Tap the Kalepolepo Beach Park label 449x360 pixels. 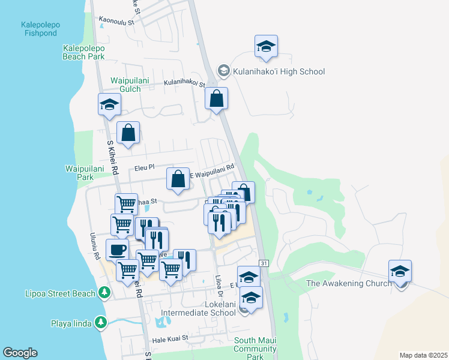coord(83,52)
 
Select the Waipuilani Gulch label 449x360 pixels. coord(125,85)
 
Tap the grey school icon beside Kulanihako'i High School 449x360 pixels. coord(224,71)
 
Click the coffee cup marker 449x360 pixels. coord(117,249)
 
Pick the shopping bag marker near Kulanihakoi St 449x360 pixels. coord(216,98)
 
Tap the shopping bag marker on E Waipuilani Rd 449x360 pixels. coord(178,179)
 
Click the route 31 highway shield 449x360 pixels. coord(264,263)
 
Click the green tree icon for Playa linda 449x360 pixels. coord(100,323)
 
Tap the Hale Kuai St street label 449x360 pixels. coord(170,339)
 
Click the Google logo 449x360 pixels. coord(20,352)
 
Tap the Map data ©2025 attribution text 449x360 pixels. coord(423,355)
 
